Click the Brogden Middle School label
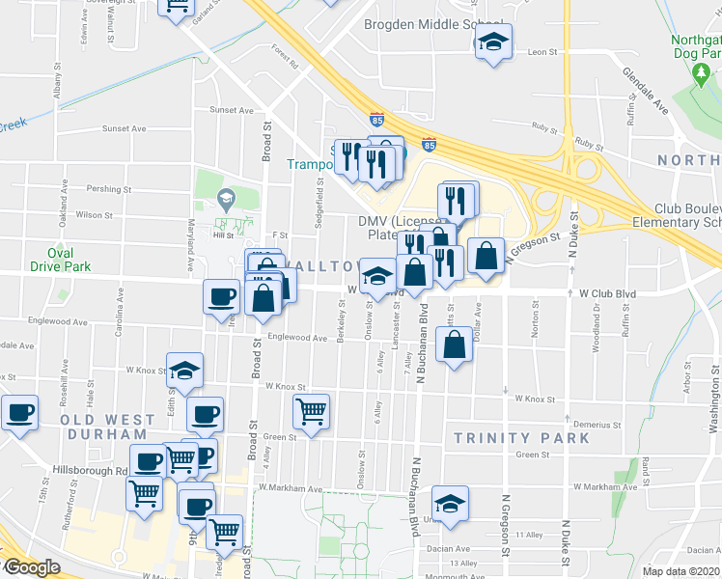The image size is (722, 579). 433,25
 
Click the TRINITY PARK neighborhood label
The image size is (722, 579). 521,438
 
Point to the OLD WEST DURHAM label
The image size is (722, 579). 107,427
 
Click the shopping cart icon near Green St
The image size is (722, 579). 311,413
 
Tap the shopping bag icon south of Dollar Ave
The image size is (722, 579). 454,345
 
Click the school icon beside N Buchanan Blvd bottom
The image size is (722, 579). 449,504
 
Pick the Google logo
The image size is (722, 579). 31,567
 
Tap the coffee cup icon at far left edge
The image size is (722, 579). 18,414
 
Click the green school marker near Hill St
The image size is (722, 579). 227,200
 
